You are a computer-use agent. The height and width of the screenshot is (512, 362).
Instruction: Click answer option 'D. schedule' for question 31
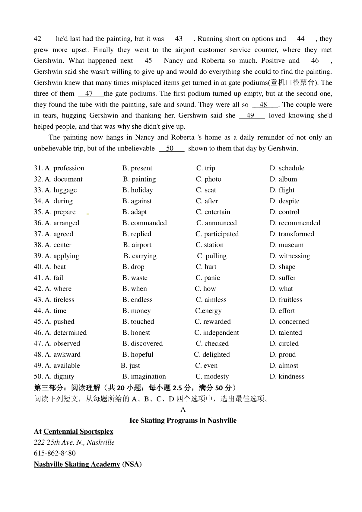287,168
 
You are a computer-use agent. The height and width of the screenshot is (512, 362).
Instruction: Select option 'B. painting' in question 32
139,179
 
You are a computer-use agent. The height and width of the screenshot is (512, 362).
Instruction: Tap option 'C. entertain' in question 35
213,212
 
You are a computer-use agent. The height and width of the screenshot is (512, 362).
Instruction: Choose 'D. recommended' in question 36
295,223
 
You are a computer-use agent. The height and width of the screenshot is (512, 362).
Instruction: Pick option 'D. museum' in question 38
287,245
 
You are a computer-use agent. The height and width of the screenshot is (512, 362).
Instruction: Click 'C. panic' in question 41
208,278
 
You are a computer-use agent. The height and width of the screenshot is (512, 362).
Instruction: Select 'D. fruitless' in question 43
286,300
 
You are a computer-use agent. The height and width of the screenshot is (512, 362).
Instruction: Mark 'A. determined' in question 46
60,333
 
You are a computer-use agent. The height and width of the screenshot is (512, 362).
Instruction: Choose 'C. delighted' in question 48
212,355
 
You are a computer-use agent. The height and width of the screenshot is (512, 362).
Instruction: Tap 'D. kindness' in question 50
287,376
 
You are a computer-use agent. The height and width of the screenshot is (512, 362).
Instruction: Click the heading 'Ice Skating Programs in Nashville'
183,420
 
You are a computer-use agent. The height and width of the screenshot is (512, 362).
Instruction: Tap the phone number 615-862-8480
55,453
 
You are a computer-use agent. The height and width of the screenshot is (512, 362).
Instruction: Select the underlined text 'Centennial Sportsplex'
78,431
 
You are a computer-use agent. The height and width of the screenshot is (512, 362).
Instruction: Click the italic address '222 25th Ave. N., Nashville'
74,443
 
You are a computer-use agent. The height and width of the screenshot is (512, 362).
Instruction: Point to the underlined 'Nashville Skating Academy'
77,464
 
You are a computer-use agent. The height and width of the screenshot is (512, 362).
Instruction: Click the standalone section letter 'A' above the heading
183,410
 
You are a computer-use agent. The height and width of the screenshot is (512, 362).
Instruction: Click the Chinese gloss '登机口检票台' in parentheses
292,83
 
